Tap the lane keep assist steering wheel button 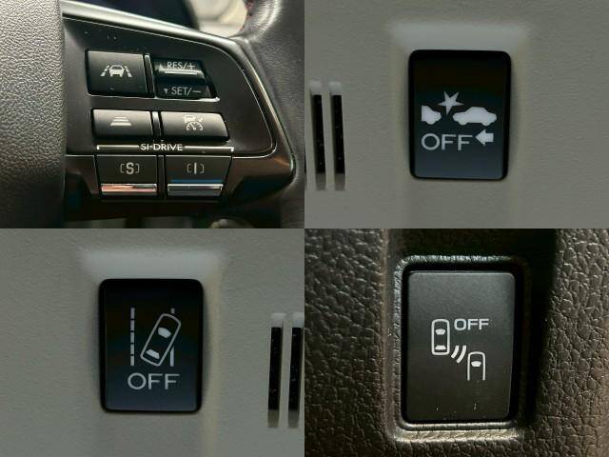[x=116, y=73]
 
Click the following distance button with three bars [x=123, y=123]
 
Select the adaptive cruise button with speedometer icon [x=194, y=124]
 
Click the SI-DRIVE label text [x=161, y=147]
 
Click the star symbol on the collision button [x=450, y=102]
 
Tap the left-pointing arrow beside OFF [x=484, y=137]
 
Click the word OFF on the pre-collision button [x=446, y=142]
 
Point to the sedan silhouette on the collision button [x=475, y=116]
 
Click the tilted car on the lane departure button [x=161, y=340]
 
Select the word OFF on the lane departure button [x=153, y=381]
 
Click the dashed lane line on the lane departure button [x=132, y=336]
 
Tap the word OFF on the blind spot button [x=472, y=324]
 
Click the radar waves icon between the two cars [x=459, y=352]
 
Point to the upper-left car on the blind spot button [x=441, y=337]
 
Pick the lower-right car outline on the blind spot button [x=476, y=366]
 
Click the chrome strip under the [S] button [x=129, y=189]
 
